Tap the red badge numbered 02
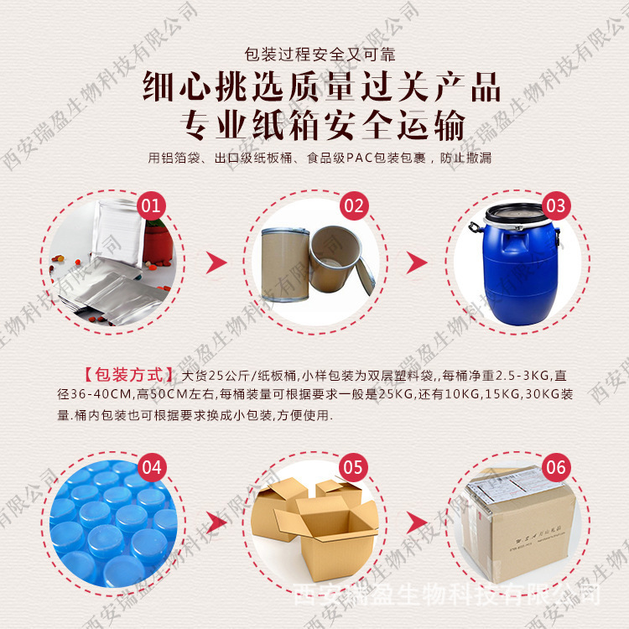coord(353,205)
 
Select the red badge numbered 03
coord(555,205)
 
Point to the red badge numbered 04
coord(152,467)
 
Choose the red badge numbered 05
coord(353,467)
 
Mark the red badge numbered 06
coord(555,467)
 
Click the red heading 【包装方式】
coord(128,374)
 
